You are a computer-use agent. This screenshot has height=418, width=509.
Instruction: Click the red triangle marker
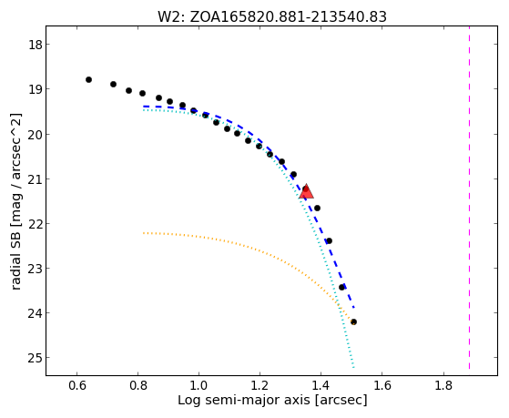[x=307, y=191]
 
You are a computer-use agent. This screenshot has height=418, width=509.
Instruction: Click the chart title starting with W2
[x=272, y=16]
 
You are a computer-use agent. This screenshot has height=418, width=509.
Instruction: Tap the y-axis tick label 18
[x=35, y=45]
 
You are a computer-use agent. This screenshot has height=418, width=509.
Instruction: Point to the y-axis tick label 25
[x=35, y=358]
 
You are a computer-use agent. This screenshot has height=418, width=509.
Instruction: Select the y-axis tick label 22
[x=35, y=224]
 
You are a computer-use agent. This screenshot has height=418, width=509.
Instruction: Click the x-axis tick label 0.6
[x=76, y=385]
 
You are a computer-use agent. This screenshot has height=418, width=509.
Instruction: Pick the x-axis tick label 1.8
[x=443, y=385]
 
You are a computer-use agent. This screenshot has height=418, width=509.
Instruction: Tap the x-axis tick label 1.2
[x=260, y=385]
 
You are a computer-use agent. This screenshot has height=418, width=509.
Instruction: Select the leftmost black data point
[x=88, y=79]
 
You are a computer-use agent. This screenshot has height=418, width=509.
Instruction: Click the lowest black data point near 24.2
[x=353, y=321]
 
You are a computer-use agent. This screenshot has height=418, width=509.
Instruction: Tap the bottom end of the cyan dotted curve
[x=353, y=367]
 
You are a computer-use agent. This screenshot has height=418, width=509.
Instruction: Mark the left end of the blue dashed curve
[x=144, y=107]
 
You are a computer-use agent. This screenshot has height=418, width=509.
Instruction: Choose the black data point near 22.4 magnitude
[x=329, y=240]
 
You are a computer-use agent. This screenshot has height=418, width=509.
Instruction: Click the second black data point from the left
[x=113, y=84]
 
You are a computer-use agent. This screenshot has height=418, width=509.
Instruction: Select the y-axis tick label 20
[x=35, y=135]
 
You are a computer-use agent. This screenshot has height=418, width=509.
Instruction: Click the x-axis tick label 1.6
[x=382, y=385]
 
